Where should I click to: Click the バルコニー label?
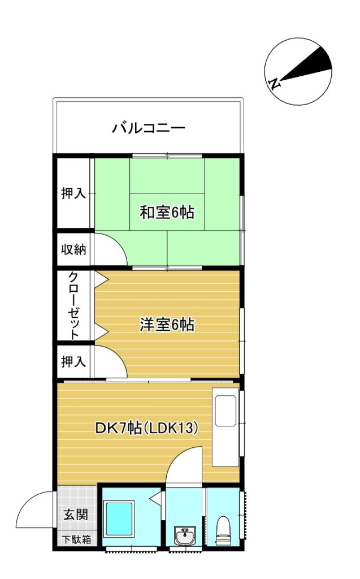[148, 127]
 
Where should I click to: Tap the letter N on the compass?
[274, 85]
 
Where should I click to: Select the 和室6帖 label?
[167, 213]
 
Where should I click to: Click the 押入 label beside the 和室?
[73, 193]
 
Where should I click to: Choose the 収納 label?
[73, 249]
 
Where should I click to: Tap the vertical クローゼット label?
[73, 305]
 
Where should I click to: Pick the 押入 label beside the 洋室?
[73, 361]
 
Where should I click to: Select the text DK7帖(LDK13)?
[146, 429]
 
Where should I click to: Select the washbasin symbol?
[185, 534]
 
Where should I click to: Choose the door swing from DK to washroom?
[185, 466]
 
